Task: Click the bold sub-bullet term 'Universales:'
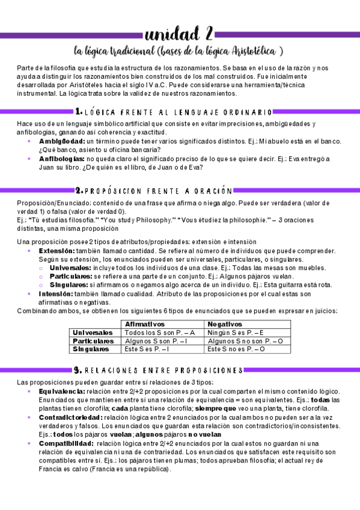point(69,267)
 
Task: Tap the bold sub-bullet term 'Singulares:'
point(68,284)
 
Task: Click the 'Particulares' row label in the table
point(93,341)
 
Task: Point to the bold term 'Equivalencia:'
point(61,392)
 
